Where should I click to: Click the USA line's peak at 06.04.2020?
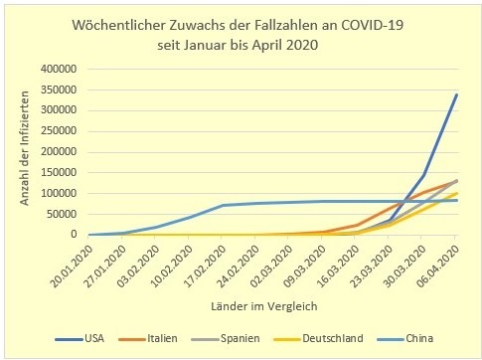click(455, 94)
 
